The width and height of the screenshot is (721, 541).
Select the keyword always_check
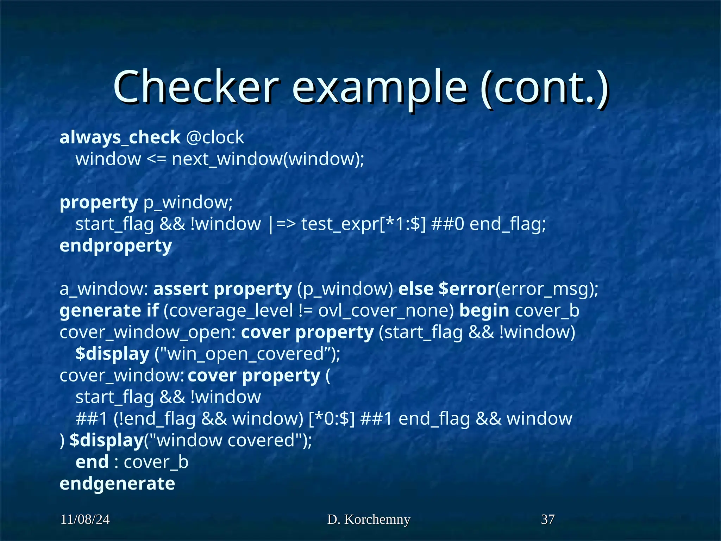click(x=120, y=137)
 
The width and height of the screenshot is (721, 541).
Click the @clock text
click(x=215, y=137)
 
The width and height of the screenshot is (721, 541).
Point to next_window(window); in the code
click(x=268, y=159)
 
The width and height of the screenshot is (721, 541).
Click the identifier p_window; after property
click(x=188, y=203)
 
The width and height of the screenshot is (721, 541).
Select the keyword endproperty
click(x=116, y=245)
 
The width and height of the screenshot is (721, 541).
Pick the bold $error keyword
click(x=467, y=289)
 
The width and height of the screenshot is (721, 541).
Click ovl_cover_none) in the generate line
click(x=386, y=311)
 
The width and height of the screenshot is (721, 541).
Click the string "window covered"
click(x=228, y=441)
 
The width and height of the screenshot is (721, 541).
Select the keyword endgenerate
click(x=117, y=484)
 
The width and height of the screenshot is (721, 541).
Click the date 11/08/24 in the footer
click(x=85, y=520)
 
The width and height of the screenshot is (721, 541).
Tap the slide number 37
click(x=548, y=520)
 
